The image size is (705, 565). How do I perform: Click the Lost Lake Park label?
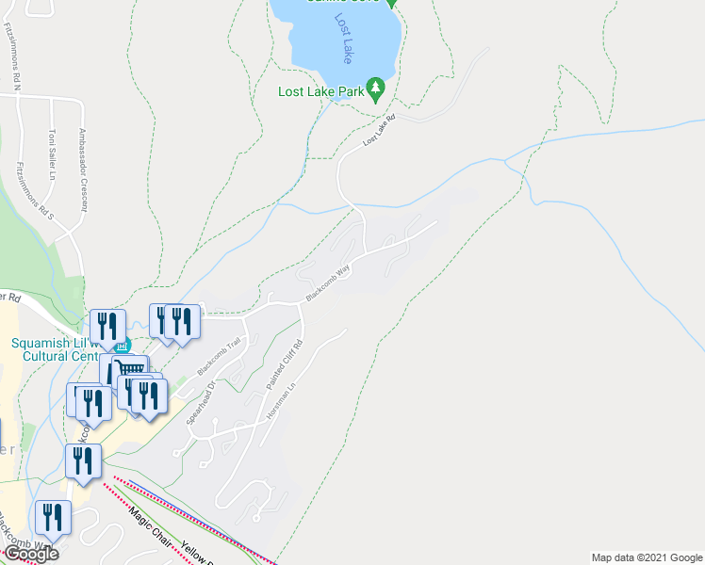pos(320,91)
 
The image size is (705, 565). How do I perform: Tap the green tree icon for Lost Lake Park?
pos(376,89)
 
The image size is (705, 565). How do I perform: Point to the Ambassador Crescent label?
pos(83,170)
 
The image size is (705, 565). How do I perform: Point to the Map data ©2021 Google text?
pos(646,557)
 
